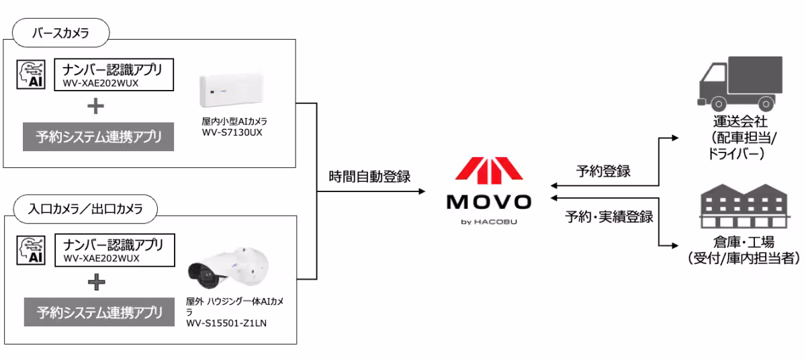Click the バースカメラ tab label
coord(60,32)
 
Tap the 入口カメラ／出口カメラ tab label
coord(85,209)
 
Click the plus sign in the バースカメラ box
coord(96,106)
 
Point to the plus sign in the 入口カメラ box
coord(96,282)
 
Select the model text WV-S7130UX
coord(232,132)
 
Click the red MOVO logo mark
coord(489,171)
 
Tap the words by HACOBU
coord(489,221)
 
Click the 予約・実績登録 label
coord(609,216)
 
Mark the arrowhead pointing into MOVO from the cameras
coord(422,191)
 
